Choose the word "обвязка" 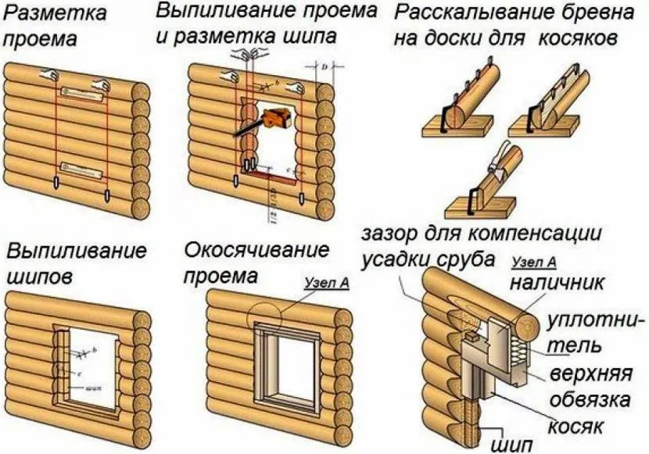click(590, 400)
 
